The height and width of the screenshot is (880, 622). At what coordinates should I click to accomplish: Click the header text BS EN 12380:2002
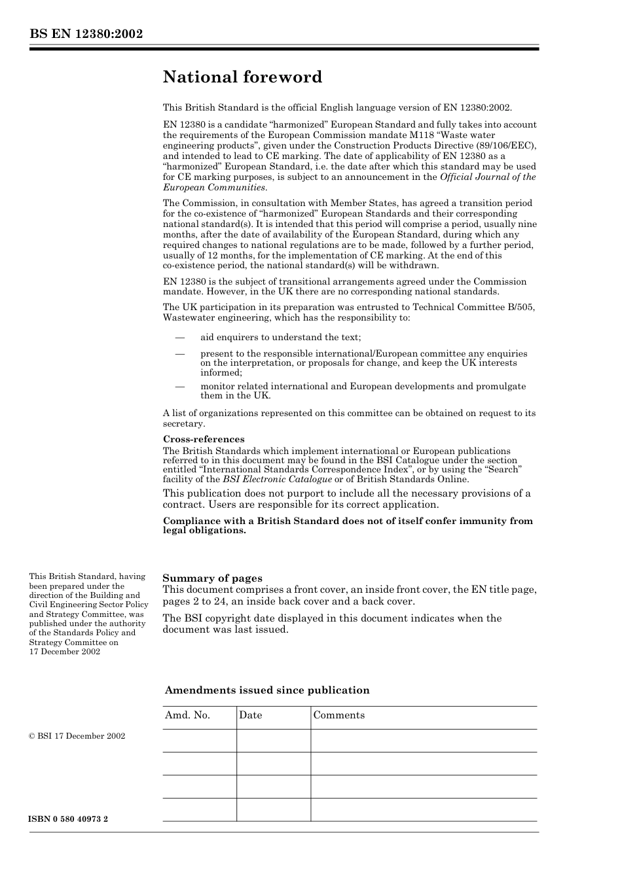[86, 34]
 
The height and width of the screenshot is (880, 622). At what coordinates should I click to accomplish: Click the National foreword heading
[242, 77]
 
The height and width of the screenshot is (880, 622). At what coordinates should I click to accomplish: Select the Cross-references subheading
[204, 439]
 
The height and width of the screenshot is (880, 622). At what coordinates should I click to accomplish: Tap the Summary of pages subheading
[212, 578]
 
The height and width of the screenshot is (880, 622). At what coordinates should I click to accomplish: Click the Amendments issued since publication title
[267, 690]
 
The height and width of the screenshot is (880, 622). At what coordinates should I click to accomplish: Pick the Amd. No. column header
[187, 715]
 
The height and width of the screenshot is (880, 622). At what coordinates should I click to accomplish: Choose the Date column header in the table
[250, 715]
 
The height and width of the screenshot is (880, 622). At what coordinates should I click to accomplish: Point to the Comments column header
[338, 715]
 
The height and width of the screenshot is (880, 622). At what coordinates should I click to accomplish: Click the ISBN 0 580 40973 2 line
[68, 819]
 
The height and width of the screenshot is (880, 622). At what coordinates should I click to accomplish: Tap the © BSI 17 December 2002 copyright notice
[77, 736]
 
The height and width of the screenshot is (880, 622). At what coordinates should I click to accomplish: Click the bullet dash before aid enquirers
[180, 338]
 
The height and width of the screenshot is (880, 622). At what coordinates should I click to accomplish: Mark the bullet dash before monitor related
[180, 387]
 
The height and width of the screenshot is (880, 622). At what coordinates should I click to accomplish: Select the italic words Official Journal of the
[488, 177]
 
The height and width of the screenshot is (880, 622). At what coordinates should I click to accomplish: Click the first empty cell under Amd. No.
[199, 741]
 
